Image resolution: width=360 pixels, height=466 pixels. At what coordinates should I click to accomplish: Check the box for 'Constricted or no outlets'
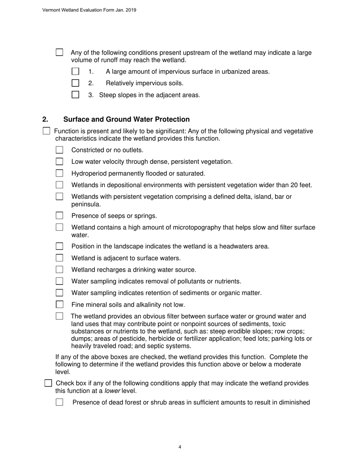[x=59, y=150]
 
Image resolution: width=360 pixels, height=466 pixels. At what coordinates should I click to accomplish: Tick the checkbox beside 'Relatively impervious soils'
[x=75, y=83]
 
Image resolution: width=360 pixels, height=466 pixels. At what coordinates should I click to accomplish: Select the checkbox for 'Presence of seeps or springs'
[x=59, y=216]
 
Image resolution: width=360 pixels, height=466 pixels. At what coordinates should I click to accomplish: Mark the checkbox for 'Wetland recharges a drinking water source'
[x=59, y=270]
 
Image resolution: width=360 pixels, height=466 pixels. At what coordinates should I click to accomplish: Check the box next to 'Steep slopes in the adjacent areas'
[x=75, y=95]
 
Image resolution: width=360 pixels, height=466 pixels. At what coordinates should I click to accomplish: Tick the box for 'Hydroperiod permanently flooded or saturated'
[x=59, y=174]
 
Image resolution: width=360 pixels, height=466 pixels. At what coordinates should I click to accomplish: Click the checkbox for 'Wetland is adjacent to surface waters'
[x=59, y=258]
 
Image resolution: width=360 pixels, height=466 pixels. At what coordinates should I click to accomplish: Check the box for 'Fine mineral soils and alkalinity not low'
[x=59, y=305]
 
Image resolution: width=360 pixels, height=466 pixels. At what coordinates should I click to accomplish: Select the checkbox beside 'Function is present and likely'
[x=46, y=131]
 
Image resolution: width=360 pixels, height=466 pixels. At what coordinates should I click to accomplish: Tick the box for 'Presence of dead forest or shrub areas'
[x=59, y=402]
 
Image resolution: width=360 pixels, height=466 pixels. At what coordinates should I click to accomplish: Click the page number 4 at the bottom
[x=180, y=447]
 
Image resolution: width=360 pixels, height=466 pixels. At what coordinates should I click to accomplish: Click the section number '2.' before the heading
[x=45, y=120]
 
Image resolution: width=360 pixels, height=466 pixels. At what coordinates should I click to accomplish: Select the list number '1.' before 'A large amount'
[x=91, y=72]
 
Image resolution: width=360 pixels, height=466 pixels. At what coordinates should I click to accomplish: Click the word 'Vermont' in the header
[x=51, y=10]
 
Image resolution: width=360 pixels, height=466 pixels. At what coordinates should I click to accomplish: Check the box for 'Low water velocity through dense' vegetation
[x=59, y=162]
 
